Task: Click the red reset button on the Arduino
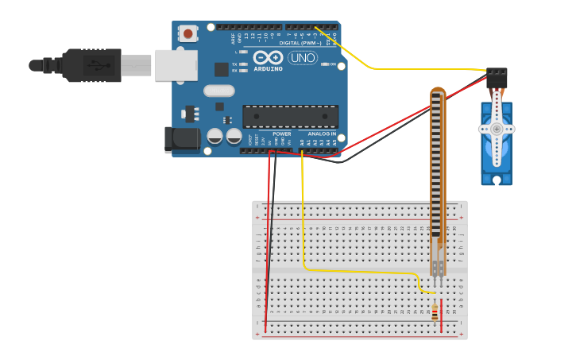188,33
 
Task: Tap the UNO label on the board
302,58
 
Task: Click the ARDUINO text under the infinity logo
268,69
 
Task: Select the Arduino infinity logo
268,58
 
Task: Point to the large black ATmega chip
290,116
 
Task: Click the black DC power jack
180,139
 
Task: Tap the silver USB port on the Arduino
176,65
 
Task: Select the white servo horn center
497,128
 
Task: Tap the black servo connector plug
497,77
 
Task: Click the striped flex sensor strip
437,167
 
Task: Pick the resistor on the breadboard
435,312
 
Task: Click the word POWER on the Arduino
282,134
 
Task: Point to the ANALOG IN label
322,134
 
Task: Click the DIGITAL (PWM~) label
300,43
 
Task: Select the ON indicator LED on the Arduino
324,64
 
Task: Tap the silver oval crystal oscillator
218,91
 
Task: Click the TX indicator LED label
235,64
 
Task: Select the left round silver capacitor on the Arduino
215,136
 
